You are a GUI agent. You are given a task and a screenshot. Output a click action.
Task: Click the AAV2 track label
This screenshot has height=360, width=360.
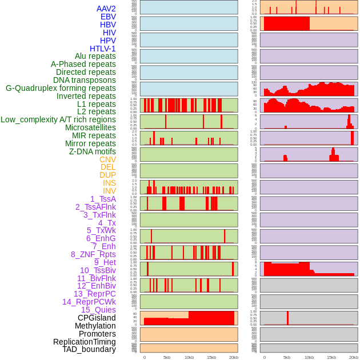pyautogui.click(x=106, y=9)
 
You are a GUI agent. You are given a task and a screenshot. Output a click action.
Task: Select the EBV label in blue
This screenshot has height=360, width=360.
pyautogui.click(x=108, y=17)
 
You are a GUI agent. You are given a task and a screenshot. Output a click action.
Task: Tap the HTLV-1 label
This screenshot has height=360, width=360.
pyautogui.click(x=103, y=49)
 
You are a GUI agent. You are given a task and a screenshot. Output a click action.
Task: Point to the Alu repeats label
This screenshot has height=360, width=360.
pyautogui.click(x=95, y=56)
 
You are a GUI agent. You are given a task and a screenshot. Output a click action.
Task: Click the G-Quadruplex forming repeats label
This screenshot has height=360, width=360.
pyautogui.click(x=61, y=88)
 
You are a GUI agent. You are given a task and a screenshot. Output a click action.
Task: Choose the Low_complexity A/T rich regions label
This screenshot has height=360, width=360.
pyautogui.click(x=58, y=119)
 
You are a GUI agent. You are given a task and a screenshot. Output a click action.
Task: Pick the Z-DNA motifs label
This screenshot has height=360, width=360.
pyautogui.click(x=93, y=151)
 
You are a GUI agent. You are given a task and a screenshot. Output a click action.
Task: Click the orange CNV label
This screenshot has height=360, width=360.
pyautogui.click(x=107, y=159)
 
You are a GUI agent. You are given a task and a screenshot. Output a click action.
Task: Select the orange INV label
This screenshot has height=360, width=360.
pyautogui.click(x=109, y=191)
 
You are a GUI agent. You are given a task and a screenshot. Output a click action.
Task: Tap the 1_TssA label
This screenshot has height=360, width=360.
pyautogui.click(x=103, y=199)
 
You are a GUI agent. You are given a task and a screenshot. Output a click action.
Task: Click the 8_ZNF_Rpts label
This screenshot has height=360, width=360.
pyautogui.click(x=93, y=254)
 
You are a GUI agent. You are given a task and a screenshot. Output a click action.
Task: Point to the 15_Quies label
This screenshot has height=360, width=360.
pyautogui.click(x=98, y=310)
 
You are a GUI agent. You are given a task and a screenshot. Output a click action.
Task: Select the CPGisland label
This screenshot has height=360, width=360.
pyautogui.click(x=97, y=318)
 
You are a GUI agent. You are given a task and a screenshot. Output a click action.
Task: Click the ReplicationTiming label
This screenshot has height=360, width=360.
pyautogui.click(x=85, y=342)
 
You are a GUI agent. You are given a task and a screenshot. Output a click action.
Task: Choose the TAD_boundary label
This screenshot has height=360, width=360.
pyautogui.click(x=89, y=349)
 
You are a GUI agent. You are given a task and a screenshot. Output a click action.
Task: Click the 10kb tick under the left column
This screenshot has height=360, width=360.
pyautogui.click(x=189, y=357)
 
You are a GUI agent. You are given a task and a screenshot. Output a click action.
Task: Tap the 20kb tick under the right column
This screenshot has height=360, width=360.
pyautogui.click(x=354, y=357)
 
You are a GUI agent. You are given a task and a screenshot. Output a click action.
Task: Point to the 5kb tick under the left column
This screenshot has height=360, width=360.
pyautogui.click(x=167, y=357)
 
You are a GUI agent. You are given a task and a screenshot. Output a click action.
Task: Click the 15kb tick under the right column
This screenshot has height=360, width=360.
pyautogui.click(x=331, y=357)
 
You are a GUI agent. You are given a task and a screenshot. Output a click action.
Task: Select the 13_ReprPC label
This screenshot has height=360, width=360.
pyautogui.click(x=94, y=294)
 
